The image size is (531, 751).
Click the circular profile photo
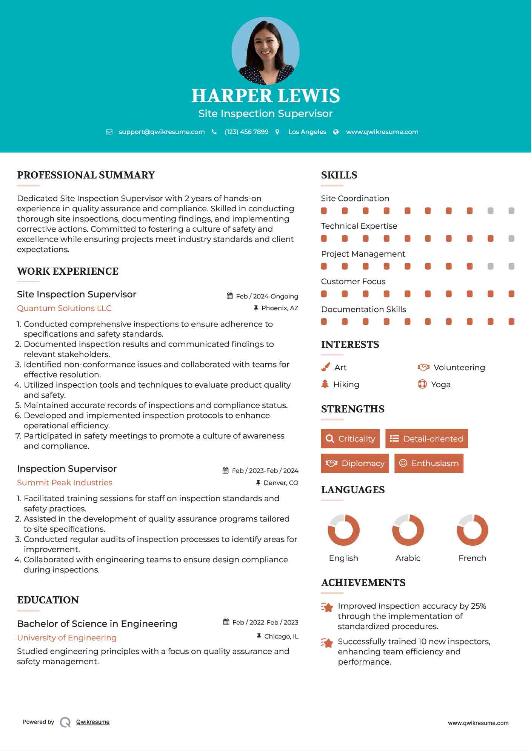tap(265, 51)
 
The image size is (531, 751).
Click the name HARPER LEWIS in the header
tap(265, 96)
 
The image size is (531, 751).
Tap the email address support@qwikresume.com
tap(162, 132)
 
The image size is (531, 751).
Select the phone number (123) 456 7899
tap(246, 132)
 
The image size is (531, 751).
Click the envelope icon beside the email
tap(109, 132)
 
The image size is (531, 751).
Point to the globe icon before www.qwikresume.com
tap(336, 132)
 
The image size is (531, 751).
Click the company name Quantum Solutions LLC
tap(64, 308)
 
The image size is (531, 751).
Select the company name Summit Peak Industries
tap(65, 483)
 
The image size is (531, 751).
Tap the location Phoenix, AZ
tap(280, 308)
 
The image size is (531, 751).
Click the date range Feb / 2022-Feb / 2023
tap(265, 622)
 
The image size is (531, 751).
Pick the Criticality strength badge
tap(350, 439)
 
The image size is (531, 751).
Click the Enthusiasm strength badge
tap(429, 463)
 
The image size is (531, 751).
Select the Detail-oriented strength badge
tap(426, 439)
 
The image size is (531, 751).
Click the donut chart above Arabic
tap(408, 530)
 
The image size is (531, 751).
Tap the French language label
tap(472, 558)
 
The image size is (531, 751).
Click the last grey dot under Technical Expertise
tap(511, 239)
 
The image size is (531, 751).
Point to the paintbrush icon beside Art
tap(325, 368)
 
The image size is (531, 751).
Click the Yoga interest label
tap(441, 385)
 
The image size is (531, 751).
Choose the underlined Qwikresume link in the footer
tap(93, 722)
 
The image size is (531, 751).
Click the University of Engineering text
tap(67, 638)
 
